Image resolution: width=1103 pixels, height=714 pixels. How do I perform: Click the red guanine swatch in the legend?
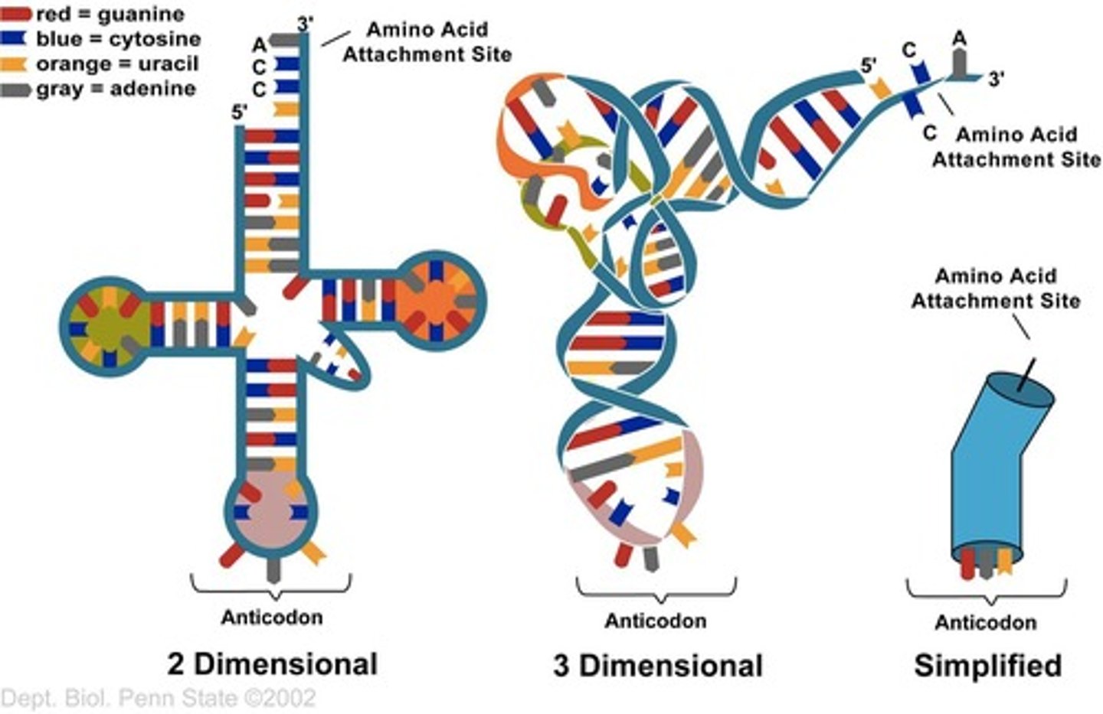pyautogui.click(x=17, y=14)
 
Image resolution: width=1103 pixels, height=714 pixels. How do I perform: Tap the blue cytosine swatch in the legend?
pyautogui.click(x=17, y=38)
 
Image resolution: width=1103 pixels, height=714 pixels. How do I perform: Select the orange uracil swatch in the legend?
pyautogui.click(x=17, y=64)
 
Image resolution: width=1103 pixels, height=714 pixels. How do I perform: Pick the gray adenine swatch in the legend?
pyautogui.click(x=17, y=89)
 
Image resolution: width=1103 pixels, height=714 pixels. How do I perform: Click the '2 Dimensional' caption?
pyautogui.click(x=272, y=663)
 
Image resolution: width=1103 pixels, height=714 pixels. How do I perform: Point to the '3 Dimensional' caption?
pyautogui.click(x=658, y=665)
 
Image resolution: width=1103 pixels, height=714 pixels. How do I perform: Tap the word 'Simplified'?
pyautogui.click(x=987, y=665)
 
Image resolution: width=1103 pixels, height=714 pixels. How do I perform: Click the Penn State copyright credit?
pyautogui.click(x=159, y=698)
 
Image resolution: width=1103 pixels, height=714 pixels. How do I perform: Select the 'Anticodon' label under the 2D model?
pyautogui.click(x=272, y=617)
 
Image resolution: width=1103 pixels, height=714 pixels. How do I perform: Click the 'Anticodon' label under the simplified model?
pyautogui.click(x=986, y=622)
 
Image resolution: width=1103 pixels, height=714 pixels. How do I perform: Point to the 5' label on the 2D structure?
pyautogui.click(x=240, y=112)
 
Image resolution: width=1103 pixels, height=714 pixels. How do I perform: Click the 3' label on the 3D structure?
pyautogui.click(x=996, y=78)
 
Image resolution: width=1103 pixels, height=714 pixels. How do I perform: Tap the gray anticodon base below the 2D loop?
pyautogui.click(x=271, y=568)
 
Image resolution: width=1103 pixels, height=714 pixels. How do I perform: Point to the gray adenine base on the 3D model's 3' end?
pyautogui.click(x=959, y=65)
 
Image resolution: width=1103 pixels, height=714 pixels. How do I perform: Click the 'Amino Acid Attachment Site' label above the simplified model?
pyautogui.click(x=996, y=288)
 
